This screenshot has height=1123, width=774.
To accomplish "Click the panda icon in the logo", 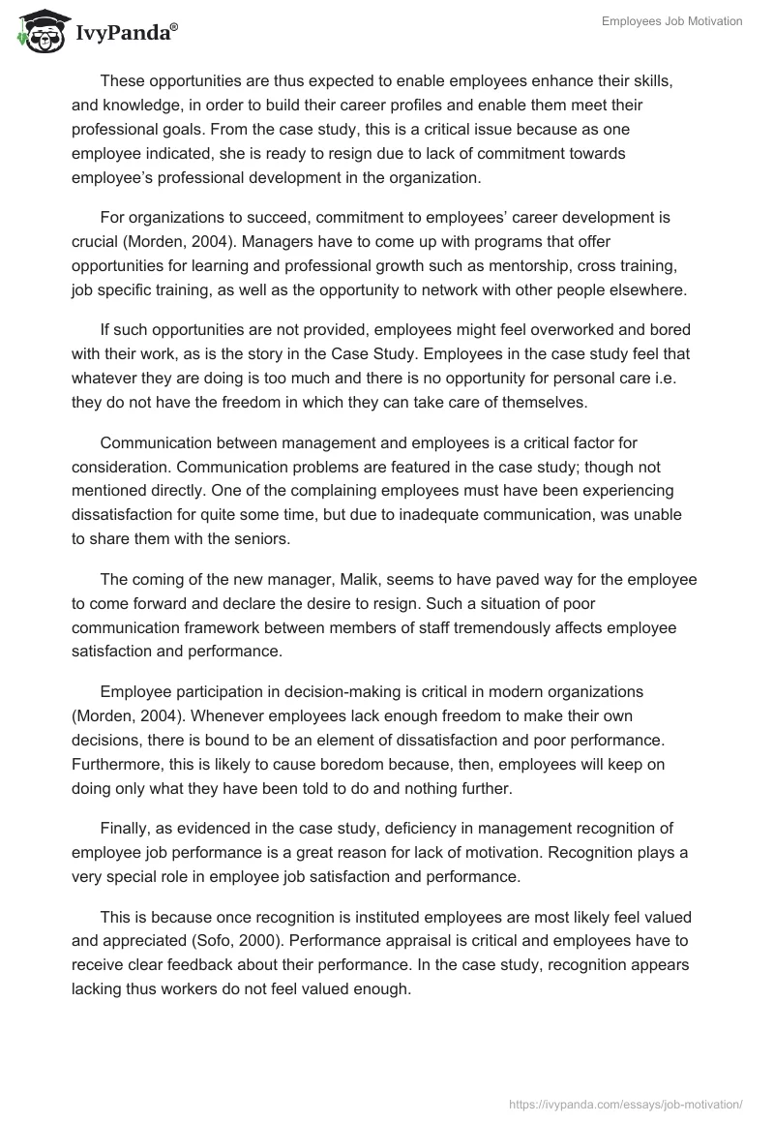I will point(36,31).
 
